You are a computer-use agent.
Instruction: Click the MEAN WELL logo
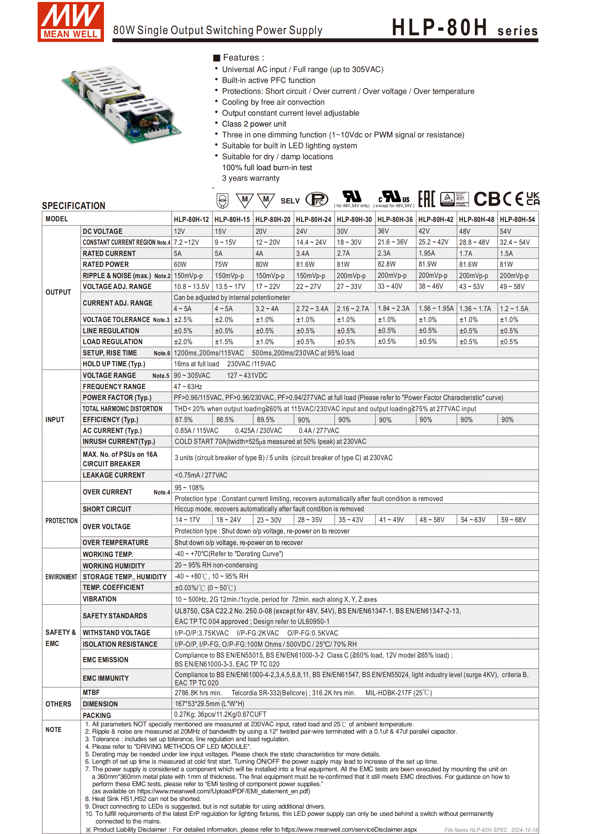[71, 22]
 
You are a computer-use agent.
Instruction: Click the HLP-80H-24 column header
[313, 219]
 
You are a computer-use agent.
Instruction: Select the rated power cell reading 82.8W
[386, 264]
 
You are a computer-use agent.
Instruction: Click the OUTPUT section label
[58, 292]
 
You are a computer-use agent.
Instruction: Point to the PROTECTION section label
[61, 521]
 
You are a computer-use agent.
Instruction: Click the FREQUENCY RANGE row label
[114, 386]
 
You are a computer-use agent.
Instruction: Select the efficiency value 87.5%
[184, 419]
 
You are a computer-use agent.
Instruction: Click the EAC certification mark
[426, 199]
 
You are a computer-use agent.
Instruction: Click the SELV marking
[290, 201]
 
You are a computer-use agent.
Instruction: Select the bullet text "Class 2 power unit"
[254, 124]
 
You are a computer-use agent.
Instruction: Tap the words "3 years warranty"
[250, 178]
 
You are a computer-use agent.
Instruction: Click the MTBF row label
[91, 692]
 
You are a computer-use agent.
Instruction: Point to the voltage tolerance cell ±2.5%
[183, 320]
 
